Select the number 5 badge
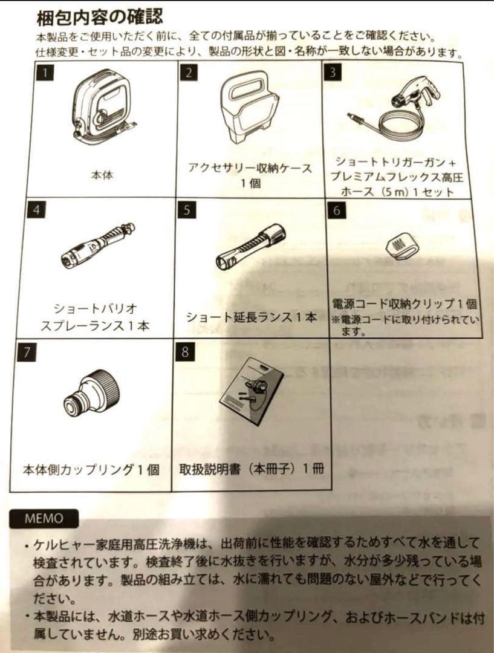click(187, 210)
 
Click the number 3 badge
click(332, 72)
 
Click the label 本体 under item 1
click(102, 175)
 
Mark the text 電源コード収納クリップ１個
click(405, 304)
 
